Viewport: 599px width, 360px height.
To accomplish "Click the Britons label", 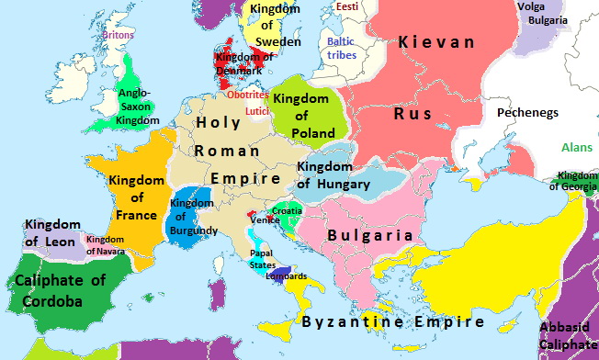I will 119,35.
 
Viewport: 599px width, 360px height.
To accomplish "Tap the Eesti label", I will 347,7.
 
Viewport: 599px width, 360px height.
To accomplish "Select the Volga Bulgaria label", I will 544,15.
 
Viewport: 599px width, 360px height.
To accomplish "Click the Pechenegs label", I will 528,113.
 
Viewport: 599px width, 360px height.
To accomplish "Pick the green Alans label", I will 577,147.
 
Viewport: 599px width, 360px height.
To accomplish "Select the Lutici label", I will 257,112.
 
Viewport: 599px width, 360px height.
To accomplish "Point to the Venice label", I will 266,221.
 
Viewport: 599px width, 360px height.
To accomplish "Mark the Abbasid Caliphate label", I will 569,335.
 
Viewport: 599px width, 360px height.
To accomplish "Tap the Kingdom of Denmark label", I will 239,64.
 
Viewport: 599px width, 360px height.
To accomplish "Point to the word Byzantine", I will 348,322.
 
